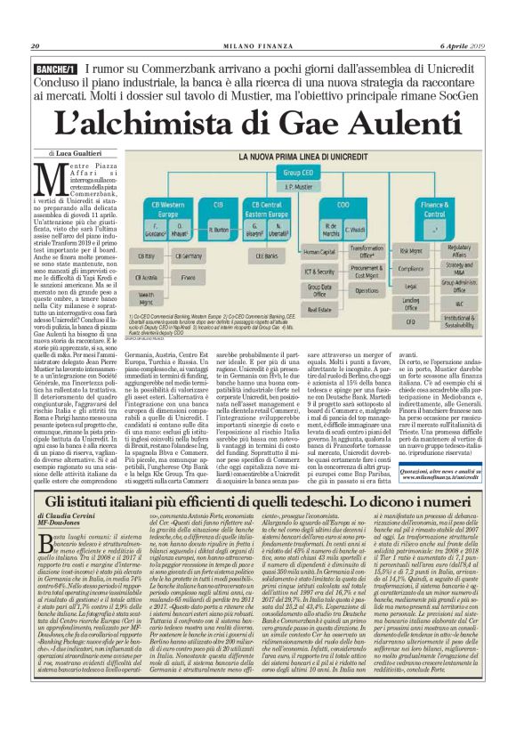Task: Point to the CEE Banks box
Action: tap(267, 255)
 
